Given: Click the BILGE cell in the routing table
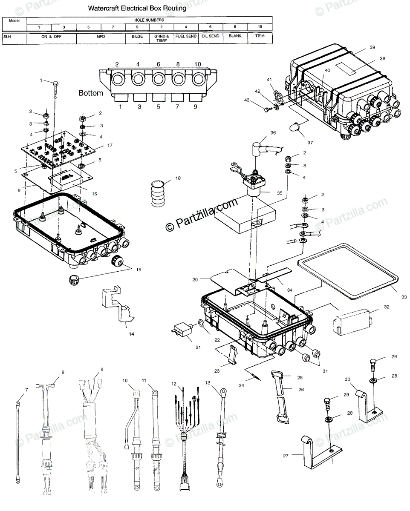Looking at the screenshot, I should pos(137,37).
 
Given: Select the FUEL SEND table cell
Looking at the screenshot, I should pos(186,37).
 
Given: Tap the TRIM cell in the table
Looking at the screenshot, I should pos(260,37).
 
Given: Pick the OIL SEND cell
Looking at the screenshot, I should pos(211,37).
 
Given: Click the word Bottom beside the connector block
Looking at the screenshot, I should pos(91,93).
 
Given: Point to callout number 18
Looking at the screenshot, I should pos(178,178).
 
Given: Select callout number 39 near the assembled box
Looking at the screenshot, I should pos(372,48).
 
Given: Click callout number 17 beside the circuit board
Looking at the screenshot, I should pos(110,146).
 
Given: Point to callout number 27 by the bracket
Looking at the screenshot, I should pos(286,456).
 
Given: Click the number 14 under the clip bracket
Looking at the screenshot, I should pos(131,334).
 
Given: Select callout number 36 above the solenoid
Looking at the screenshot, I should pos(273,132).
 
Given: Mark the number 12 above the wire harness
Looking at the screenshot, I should pos(173,384).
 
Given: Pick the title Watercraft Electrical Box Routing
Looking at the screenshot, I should pos(137,8).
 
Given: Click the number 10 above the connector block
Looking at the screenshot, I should pos(197,64).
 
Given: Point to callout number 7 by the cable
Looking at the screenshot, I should pos(26,390).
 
